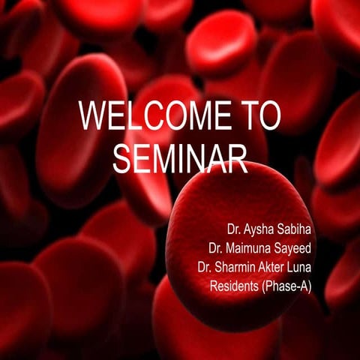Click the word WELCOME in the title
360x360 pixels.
pos(153,118)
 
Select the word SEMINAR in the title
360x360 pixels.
pos(180,158)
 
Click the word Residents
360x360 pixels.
pos(235,286)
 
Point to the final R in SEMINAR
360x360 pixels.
pos(238,158)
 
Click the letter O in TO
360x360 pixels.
pos(270,118)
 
